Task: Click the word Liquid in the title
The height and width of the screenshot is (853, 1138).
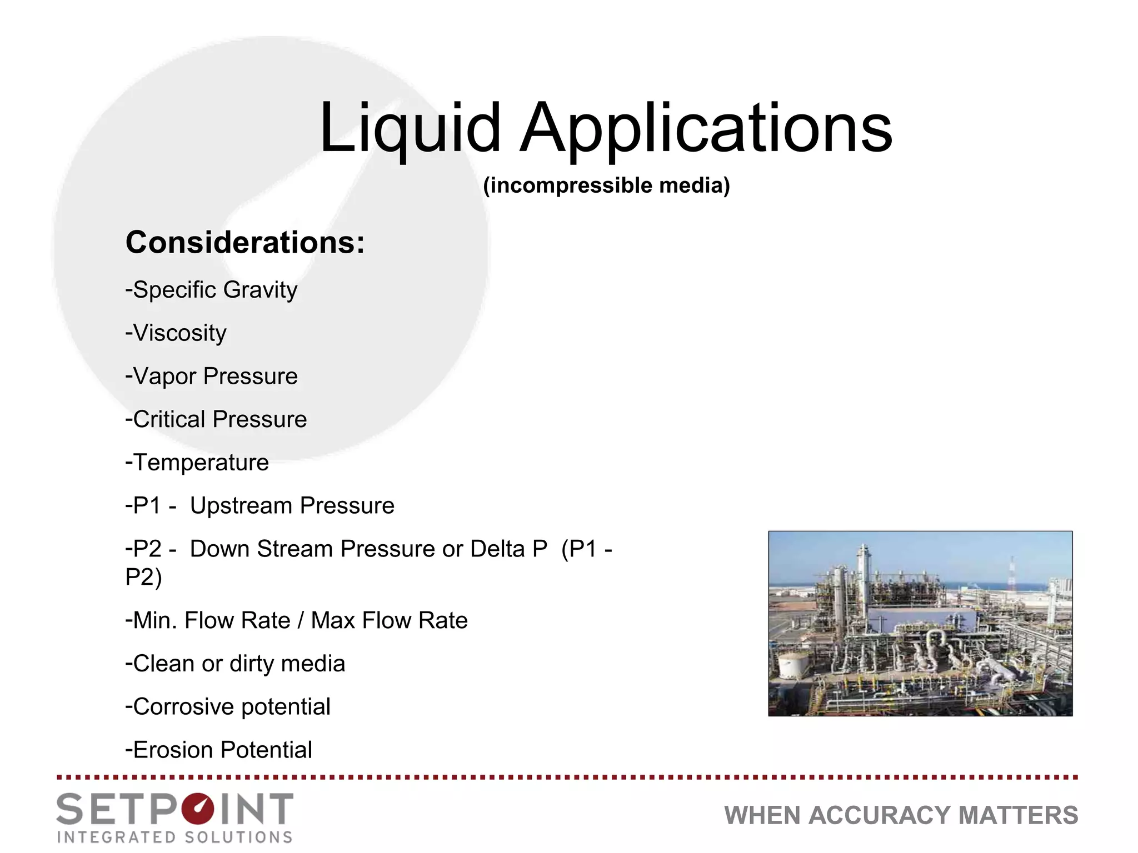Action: click(410, 129)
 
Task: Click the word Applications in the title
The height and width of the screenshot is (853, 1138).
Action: click(706, 129)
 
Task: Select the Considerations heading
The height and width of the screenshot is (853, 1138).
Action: click(245, 243)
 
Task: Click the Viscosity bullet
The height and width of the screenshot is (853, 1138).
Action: click(176, 333)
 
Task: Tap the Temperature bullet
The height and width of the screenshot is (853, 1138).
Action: click(197, 463)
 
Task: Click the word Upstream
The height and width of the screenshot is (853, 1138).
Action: click(241, 506)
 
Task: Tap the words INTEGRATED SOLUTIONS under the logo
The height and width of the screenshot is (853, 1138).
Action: click(174, 837)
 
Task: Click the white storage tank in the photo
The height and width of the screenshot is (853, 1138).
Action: click(793, 665)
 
